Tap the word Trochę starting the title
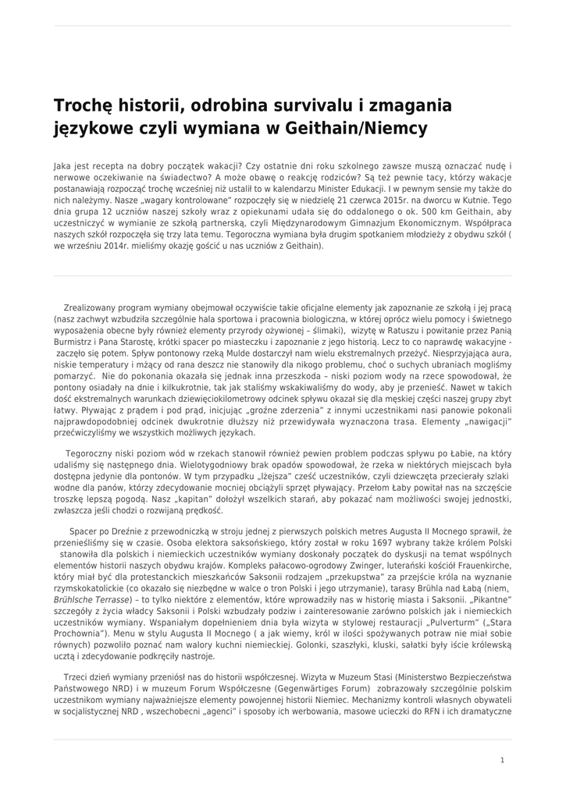point(84,105)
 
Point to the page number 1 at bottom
point(502,759)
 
